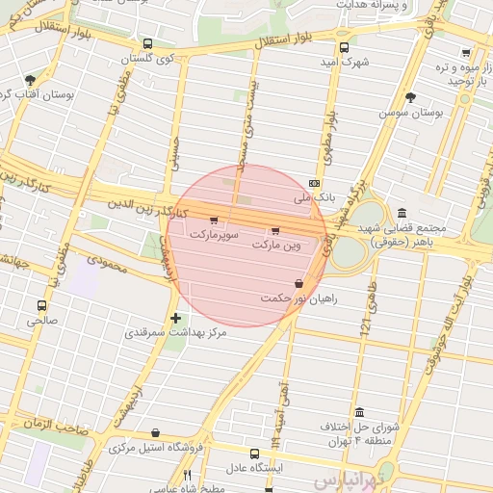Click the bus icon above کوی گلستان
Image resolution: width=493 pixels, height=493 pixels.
coord(147,44)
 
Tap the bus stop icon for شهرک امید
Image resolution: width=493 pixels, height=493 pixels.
coord(345,46)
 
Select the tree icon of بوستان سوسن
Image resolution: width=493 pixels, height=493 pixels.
coord(411,97)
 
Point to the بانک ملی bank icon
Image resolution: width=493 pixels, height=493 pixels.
coord(314,183)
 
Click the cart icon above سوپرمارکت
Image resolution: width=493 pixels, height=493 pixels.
coord(213,221)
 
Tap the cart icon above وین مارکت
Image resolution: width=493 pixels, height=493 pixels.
coord(275,230)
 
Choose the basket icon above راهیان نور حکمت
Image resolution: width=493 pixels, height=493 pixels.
coord(298,284)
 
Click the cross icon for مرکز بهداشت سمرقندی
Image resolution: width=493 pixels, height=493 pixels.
coord(175,318)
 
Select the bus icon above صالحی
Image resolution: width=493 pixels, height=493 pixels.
coord(40,305)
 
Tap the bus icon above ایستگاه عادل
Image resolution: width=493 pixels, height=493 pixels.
coord(254,453)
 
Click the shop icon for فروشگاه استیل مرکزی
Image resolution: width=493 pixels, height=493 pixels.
coord(156,433)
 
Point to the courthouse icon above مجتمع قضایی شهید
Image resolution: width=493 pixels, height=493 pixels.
coord(401,213)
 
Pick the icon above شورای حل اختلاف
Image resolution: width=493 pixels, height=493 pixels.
coord(359,411)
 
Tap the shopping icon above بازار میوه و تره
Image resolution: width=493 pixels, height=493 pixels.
coord(466,53)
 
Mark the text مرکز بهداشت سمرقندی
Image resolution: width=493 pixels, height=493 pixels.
coord(175,333)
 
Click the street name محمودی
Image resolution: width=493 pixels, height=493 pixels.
coord(106,261)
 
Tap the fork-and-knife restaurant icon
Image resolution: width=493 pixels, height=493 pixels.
coord(187,476)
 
